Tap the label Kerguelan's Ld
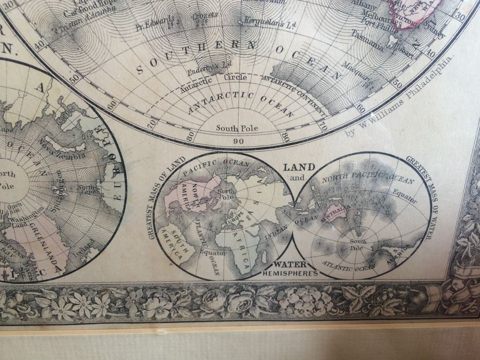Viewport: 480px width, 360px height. pyautogui.click(x=262, y=22)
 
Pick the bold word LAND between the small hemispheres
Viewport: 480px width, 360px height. pyautogui.click(x=298, y=166)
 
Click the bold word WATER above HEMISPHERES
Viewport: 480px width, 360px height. pyautogui.click(x=291, y=265)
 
